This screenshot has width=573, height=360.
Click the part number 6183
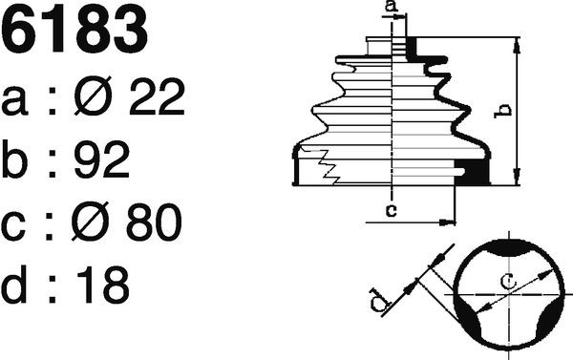click(x=74, y=30)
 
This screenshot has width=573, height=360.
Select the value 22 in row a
click(x=157, y=96)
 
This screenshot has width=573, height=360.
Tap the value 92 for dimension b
click(x=102, y=159)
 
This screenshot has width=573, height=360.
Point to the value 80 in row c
click(x=154, y=222)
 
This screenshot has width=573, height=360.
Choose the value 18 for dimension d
click(x=103, y=285)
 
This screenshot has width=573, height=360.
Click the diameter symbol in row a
click(x=94, y=95)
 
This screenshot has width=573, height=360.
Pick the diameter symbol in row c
click(x=91, y=222)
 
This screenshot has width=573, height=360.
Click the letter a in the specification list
click(x=14, y=101)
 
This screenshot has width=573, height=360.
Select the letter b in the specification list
click(x=14, y=159)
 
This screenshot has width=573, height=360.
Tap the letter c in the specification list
click(x=13, y=226)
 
